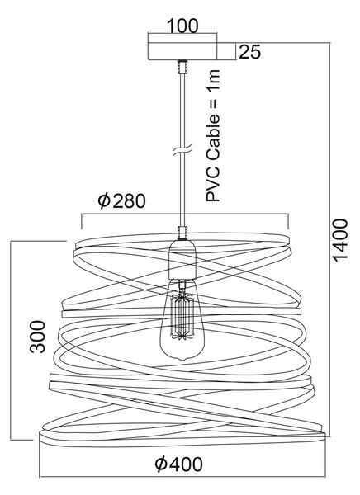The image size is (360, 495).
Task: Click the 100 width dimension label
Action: point(182,26)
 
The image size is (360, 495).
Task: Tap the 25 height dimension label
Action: point(249,52)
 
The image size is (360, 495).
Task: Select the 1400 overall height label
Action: point(340,240)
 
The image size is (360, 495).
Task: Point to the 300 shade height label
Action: point(38,337)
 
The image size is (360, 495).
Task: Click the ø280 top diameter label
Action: point(121,200)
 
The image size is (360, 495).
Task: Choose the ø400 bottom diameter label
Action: point(179,464)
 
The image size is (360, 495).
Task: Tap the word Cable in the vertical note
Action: point(213,139)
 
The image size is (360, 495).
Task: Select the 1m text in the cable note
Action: point(213,79)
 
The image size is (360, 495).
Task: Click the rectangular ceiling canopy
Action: point(182,51)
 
